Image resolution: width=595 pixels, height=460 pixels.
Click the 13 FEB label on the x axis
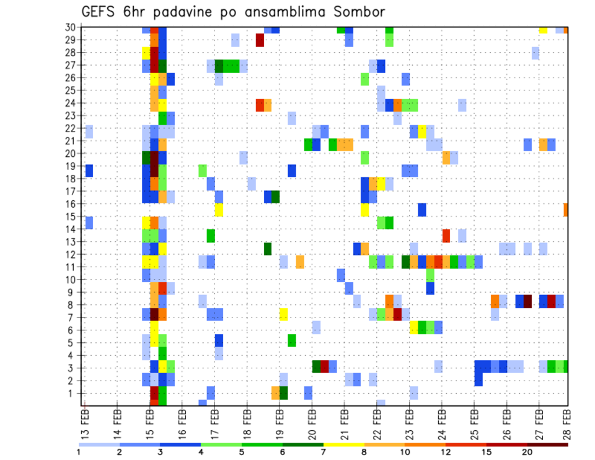(x=84, y=422)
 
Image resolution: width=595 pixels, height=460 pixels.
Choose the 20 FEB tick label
(x=311, y=422)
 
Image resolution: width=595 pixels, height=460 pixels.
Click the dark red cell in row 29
(x=260, y=40)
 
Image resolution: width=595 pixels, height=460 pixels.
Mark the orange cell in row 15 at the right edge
(x=566, y=210)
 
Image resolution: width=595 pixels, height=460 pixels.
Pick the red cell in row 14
(x=446, y=236)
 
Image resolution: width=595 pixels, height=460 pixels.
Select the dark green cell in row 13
(x=268, y=249)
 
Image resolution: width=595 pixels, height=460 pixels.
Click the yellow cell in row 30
(x=543, y=30)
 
